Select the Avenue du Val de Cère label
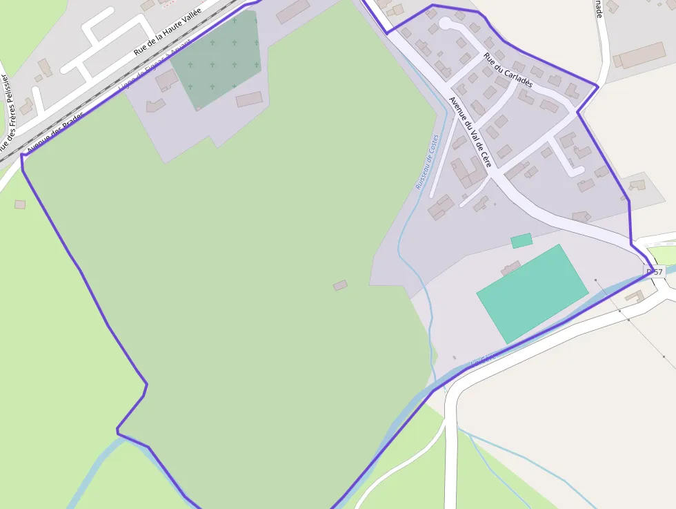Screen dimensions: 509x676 pos(470,132)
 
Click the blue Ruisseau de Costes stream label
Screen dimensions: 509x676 pos(427,162)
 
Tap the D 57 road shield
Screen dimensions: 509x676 pos(655,272)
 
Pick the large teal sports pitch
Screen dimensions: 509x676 pos(532,294)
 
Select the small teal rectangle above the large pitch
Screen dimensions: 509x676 pos(521,240)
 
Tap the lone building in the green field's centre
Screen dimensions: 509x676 pos(340,285)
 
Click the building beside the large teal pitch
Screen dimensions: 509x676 pos(510,268)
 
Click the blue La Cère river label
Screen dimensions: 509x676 pos(483,359)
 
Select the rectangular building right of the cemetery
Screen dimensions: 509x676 pos(249,99)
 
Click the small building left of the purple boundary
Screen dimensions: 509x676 pos(20,204)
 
